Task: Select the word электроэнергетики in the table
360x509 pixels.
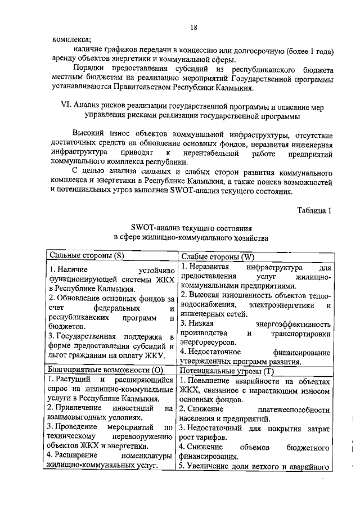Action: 281,305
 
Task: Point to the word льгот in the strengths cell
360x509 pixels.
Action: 57,356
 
